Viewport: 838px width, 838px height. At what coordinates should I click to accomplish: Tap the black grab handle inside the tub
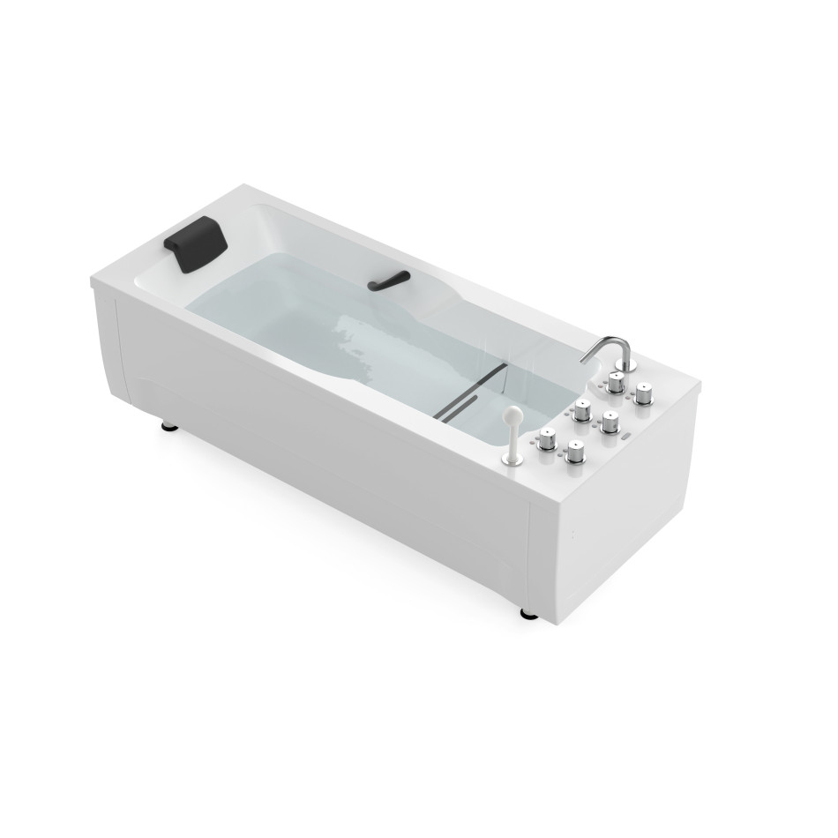click(x=387, y=281)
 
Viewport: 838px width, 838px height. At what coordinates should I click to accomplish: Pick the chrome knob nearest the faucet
click(x=616, y=382)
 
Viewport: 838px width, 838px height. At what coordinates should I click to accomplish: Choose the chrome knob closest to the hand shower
click(x=548, y=437)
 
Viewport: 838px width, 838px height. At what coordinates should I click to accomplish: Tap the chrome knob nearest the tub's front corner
click(x=576, y=453)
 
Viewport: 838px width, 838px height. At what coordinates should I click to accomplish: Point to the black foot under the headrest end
click(x=168, y=427)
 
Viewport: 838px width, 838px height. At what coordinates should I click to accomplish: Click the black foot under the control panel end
click(x=527, y=612)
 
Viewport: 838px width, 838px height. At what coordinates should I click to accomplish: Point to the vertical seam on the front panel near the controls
click(x=529, y=556)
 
